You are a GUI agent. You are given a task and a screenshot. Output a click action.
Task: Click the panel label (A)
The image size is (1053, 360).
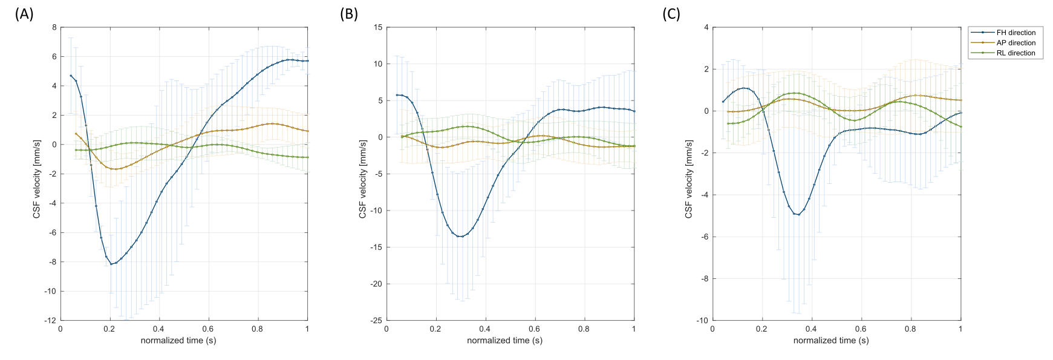tap(24, 14)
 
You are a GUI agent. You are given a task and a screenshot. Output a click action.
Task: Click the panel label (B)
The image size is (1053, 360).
tap(349, 14)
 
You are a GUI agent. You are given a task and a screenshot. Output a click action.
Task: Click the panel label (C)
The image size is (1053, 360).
tap(671, 14)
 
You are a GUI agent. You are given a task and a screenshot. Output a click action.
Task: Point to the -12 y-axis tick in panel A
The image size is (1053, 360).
tap(51, 320)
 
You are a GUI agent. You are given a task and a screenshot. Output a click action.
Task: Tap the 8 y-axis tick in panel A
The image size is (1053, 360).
tap(54, 27)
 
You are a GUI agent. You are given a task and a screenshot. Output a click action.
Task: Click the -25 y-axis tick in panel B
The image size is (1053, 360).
tap(376, 320)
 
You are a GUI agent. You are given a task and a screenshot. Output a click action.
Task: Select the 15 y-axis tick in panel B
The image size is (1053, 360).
tap(379, 27)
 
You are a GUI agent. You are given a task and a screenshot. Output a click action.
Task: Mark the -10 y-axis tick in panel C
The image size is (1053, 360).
tap(703, 320)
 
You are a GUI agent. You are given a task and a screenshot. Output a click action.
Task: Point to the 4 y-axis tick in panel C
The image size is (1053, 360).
tap(706, 27)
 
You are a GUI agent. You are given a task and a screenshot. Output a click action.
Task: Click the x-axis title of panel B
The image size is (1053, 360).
tap(504, 341)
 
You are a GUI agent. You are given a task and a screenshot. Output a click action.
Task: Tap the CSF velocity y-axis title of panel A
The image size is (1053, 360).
tap(37, 178)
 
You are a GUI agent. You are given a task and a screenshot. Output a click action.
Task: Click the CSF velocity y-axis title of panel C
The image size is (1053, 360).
tap(689, 178)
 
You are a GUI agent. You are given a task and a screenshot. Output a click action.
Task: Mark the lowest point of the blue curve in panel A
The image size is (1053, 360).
tap(111, 264)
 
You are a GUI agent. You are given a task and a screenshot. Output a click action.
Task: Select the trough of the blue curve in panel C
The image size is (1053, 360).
tap(798, 215)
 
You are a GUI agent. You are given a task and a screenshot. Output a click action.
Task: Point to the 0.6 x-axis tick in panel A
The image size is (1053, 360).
tap(208, 329)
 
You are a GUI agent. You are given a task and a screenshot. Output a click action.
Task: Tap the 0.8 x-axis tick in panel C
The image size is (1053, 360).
tap(911, 329)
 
